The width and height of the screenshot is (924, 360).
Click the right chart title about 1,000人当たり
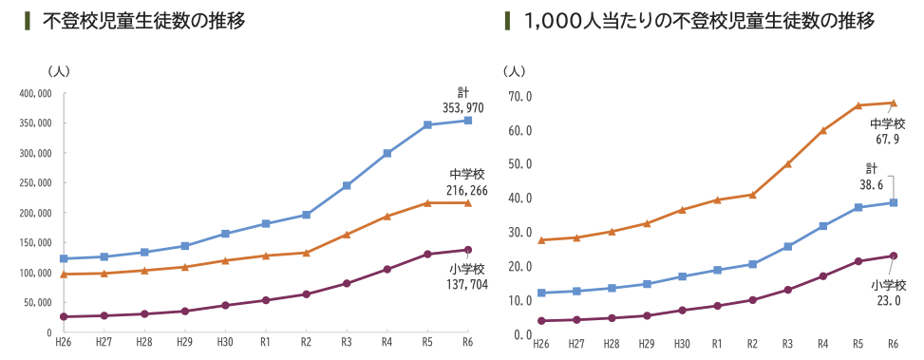point(699,21)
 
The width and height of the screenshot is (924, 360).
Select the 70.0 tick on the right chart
point(521,96)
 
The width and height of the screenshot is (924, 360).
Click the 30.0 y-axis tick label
point(521,233)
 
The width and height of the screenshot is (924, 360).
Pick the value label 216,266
point(467,191)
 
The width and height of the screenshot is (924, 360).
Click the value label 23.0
point(888,301)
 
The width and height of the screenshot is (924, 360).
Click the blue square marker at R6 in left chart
point(468,121)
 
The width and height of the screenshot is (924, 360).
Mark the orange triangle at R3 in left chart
point(347,234)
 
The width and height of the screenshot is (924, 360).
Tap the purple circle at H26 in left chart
point(64,316)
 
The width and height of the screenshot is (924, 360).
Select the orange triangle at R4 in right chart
point(823,130)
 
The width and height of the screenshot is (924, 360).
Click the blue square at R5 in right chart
point(858,207)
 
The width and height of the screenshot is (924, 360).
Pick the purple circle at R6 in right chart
point(894,256)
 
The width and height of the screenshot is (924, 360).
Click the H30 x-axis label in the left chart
point(225,342)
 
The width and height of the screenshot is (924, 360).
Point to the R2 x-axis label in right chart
point(752,344)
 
